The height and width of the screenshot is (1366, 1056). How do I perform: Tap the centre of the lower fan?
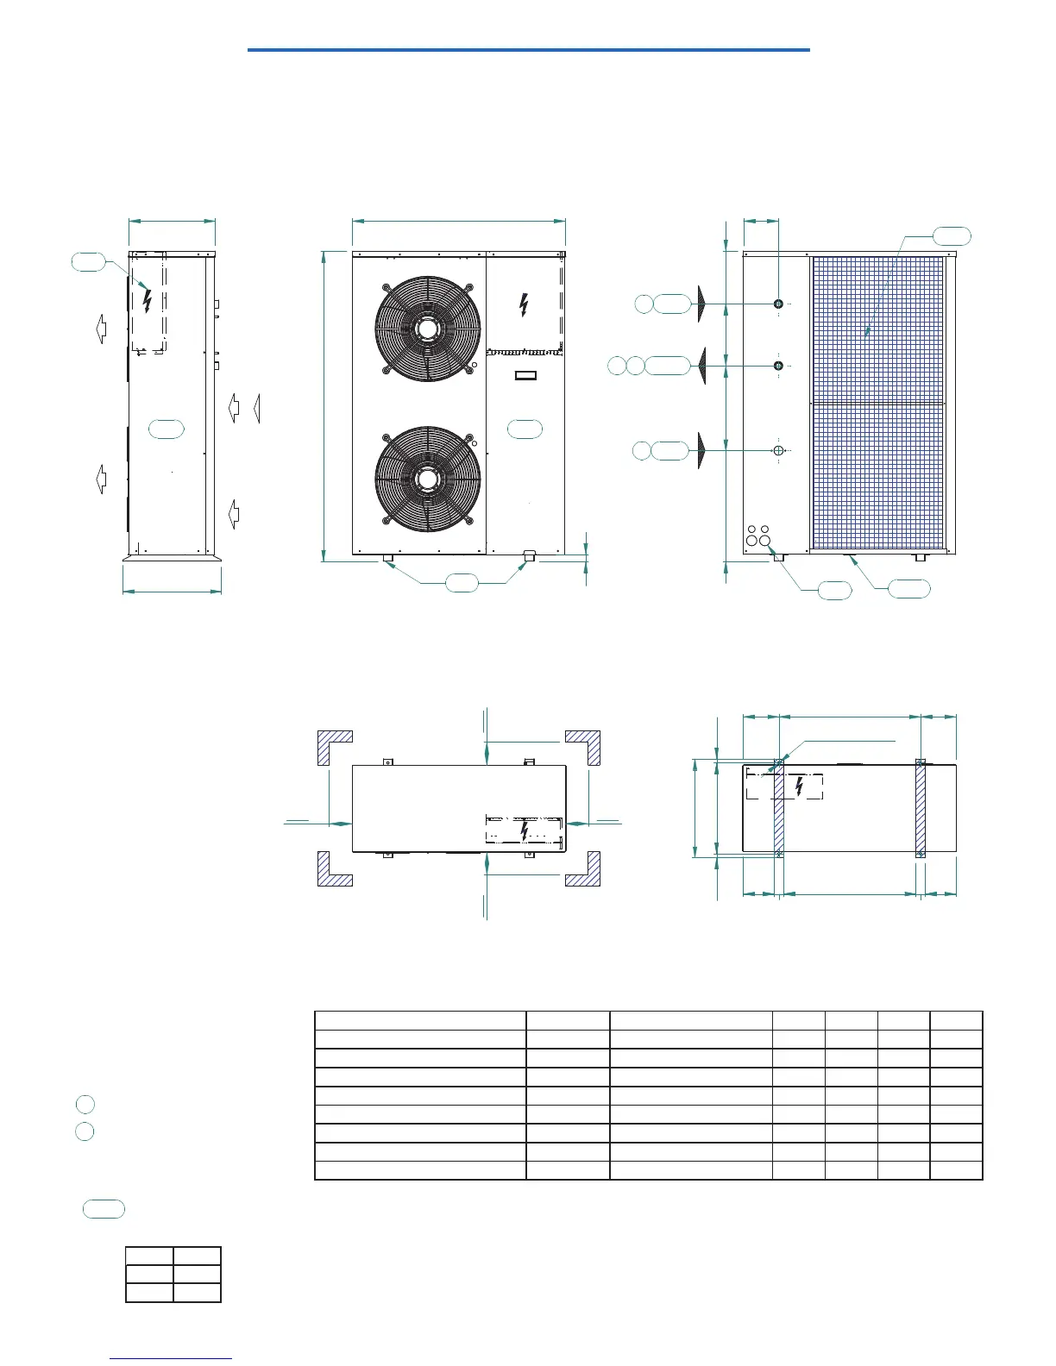tap(428, 479)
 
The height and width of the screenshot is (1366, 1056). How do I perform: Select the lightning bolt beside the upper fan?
tap(524, 304)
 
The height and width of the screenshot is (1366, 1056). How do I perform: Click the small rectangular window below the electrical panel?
tap(525, 375)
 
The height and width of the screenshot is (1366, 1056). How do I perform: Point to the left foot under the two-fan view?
tap(388, 561)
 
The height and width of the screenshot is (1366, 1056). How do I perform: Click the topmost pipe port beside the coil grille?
tap(779, 304)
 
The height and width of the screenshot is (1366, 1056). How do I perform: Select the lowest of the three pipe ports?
tap(778, 450)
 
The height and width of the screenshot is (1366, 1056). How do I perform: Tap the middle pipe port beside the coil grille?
tap(779, 366)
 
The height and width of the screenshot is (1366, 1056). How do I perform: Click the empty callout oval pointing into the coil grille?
tap(952, 235)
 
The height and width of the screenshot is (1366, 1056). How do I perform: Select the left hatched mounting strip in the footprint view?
tap(779, 808)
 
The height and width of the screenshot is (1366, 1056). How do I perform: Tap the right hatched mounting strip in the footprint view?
tap(921, 808)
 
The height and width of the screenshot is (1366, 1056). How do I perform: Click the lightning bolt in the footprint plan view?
tap(800, 786)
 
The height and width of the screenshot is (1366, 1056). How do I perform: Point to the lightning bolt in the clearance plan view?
tap(525, 830)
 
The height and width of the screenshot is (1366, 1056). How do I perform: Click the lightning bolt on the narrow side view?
tap(147, 300)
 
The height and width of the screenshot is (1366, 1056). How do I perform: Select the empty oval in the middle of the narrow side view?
tap(167, 429)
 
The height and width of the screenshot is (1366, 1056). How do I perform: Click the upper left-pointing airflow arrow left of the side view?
tap(100, 328)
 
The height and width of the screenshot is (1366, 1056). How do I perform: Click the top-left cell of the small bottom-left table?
tap(149, 1256)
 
